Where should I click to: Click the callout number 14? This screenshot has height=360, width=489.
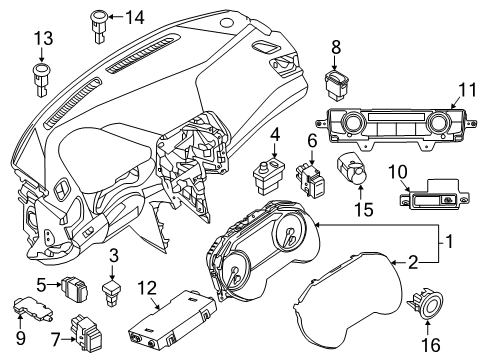(x=135, y=16)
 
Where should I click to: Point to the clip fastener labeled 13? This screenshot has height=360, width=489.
(x=42, y=75)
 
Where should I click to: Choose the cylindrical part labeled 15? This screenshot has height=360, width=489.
(x=350, y=170)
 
